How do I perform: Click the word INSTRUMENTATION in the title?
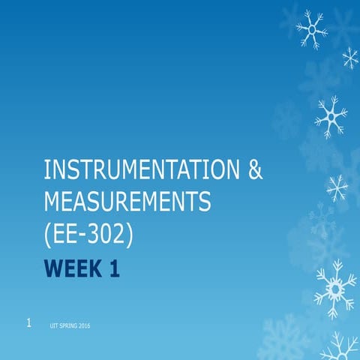pos(141,171)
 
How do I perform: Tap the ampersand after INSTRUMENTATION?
pos(255,171)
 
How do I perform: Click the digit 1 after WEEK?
pos(115,268)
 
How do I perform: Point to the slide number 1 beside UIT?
pos(28,323)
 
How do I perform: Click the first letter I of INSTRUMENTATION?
pos(47,171)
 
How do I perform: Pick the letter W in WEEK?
pos(52,268)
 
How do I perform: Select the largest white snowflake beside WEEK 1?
pos(334,288)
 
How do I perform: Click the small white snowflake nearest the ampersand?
pos(337,186)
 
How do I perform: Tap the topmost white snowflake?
pos(310,30)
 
